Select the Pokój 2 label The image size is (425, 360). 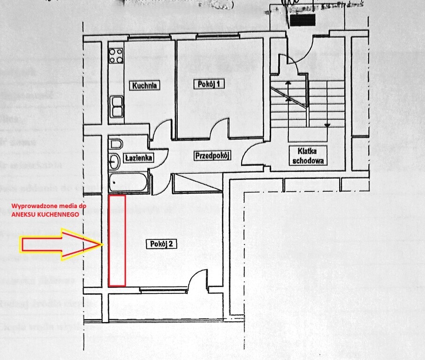click(161, 244)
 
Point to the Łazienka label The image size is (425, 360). click(138, 158)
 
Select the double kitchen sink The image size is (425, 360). click(117, 106)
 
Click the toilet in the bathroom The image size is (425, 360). click(115, 144)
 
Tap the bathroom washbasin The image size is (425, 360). click(114, 162)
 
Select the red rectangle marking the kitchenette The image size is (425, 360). click(117, 240)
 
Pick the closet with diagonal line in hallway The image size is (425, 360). click(197, 183)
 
